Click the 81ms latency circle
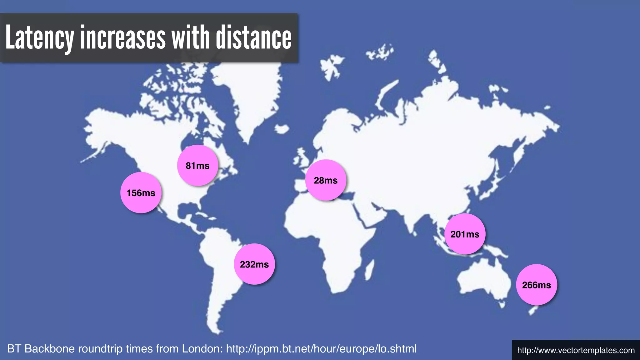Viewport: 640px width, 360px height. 197,166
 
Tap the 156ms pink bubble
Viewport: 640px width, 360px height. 141,193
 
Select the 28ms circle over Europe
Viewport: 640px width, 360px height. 326,180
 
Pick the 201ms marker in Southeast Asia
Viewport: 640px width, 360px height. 465,234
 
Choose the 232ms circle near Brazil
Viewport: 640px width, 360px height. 254,264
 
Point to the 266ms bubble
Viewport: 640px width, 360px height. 536,285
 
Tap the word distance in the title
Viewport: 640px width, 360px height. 254,38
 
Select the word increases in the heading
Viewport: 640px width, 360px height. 123,38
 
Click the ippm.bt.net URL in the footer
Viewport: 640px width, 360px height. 321,349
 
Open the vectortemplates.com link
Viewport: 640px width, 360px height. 576,350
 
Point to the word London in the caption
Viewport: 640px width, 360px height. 202,349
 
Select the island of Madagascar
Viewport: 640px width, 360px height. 369,270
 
